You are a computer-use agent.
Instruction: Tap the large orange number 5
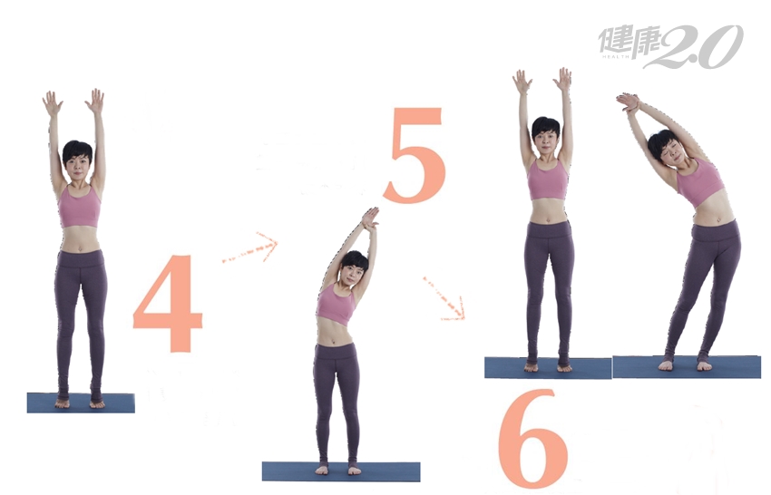click(x=415, y=155)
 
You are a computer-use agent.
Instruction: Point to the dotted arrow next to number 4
click(x=250, y=248)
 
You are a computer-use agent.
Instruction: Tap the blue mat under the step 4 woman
click(x=81, y=403)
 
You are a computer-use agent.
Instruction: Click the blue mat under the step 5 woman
click(x=341, y=471)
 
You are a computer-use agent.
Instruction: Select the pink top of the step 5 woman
click(x=336, y=304)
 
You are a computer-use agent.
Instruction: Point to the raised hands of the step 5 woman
click(x=370, y=218)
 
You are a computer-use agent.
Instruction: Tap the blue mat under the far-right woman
click(x=687, y=367)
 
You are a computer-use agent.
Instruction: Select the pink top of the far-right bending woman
click(x=699, y=183)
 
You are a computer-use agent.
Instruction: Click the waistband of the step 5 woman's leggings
click(x=336, y=350)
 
